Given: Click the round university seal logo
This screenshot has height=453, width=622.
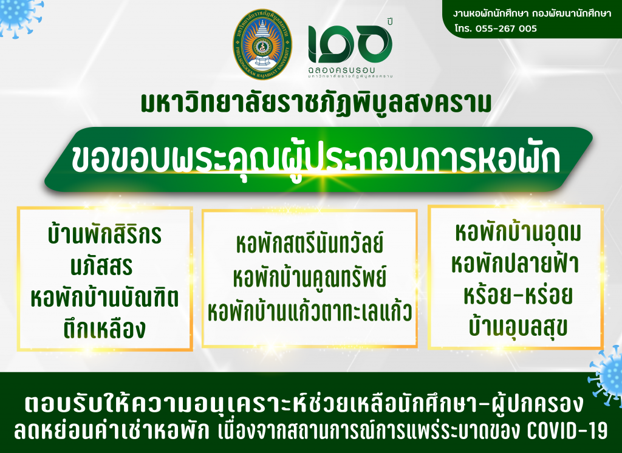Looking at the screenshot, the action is click(262, 44).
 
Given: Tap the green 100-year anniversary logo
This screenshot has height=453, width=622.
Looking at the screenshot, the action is click(350, 47).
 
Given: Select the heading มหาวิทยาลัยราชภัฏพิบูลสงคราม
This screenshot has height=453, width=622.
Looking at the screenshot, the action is click(316, 103).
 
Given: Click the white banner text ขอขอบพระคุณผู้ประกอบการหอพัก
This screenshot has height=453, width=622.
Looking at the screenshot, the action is click(315, 158).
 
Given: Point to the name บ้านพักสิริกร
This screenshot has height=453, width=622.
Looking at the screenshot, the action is click(104, 234).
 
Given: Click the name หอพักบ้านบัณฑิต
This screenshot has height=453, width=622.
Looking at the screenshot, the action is click(104, 298).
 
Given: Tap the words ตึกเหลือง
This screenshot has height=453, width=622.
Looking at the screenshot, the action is click(104, 329).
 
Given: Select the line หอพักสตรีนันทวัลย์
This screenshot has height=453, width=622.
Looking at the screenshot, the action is click(309, 244).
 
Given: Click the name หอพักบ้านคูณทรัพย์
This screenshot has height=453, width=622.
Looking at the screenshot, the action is click(309, 278).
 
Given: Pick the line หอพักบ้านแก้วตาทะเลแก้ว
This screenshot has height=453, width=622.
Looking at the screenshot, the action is click(309, 312).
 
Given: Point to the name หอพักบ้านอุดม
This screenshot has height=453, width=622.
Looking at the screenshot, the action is click(518, 232).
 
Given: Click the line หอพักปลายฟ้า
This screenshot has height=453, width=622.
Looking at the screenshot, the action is click(515, 263).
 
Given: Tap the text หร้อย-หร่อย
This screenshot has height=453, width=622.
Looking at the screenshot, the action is click(518, 295).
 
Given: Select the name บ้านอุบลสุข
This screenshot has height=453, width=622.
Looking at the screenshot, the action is click(518, 327).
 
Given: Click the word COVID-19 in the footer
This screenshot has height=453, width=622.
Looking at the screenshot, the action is click(567, 431).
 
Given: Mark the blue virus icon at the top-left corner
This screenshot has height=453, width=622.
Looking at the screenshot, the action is click(18, 16).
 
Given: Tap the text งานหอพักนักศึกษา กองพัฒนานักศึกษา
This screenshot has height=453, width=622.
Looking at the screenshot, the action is click(532, 13).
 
